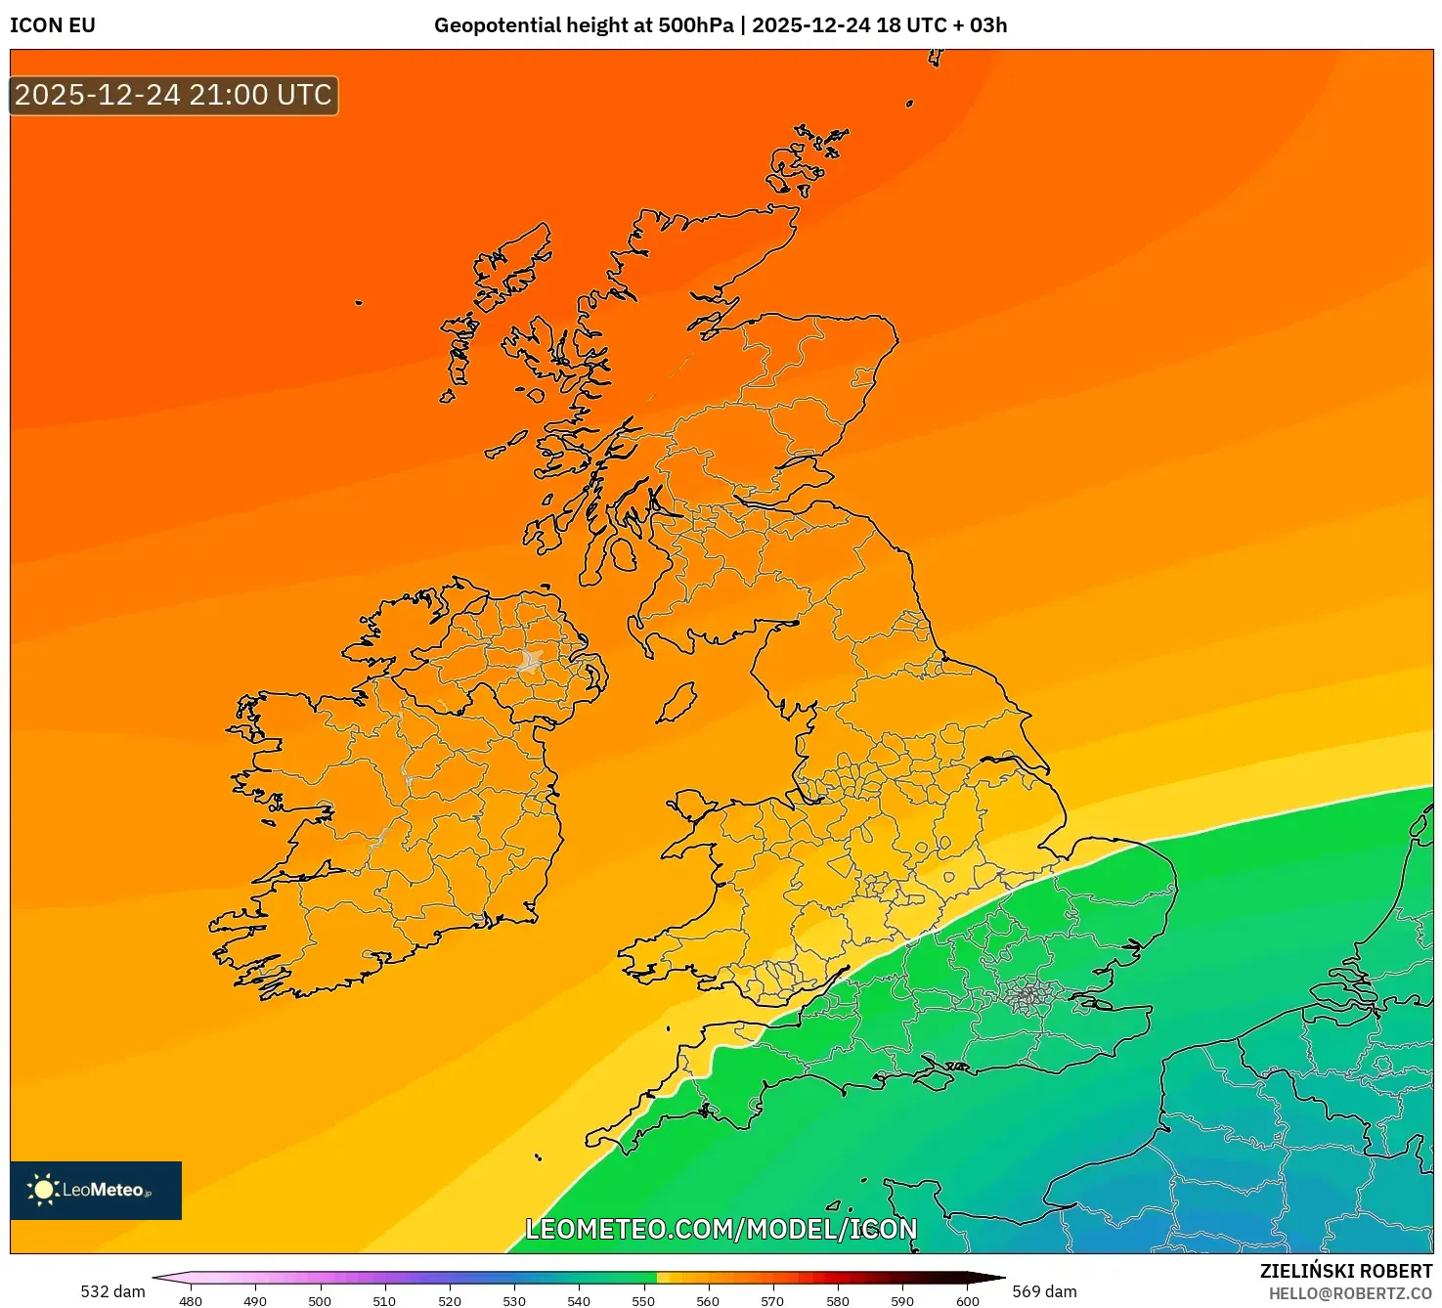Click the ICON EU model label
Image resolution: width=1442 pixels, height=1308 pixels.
tap(53, 25)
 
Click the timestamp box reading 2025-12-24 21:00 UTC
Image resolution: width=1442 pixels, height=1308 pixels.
tap(173, 96)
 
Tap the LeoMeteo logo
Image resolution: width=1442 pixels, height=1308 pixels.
tap(95, 1190)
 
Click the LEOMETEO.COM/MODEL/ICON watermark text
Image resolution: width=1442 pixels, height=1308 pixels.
tap(721, 1229)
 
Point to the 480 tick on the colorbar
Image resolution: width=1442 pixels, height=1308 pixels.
tap(191, 1300)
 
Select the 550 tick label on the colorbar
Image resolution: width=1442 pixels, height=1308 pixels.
tap(643, 1300)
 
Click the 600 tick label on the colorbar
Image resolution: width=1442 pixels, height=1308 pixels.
tap(967, 1300)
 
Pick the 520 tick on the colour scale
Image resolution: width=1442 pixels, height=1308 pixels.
tap(450, 1300)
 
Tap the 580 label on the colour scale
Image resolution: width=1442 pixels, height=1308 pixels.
tap(838, 1300)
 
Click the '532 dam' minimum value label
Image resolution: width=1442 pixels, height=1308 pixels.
tap(112, 1291)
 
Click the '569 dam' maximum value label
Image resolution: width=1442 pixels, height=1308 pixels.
tap(1044, 1291)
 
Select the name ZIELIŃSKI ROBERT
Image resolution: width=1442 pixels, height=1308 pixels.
tap(1345, 1271)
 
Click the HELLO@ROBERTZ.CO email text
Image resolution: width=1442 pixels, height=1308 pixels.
tap(1350, 1293)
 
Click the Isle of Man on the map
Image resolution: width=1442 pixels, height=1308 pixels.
tap(677, 703)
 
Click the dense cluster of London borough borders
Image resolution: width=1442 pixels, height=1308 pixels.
tap(1027, 996)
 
